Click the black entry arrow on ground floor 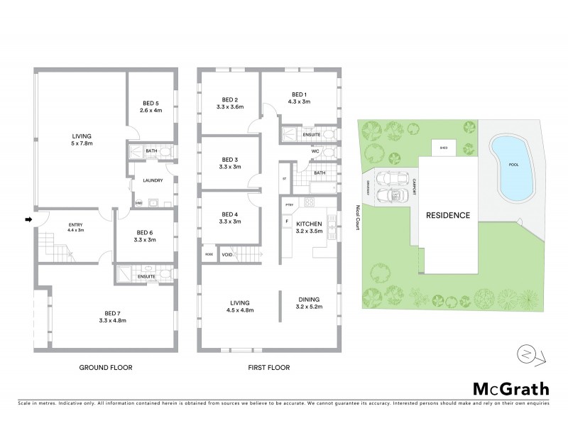tap(28, 219)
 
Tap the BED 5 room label tap(151, 106)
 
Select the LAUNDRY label tap(153, 180)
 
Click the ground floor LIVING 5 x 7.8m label tap(82, 139)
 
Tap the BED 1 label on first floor tap(299, 98)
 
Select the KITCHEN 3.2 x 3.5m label tap(309, 227)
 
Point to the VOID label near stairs tap(227, 253)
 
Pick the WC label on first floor tap(315, 151)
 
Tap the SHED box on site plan tap(444, 148)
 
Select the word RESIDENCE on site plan tap(447, 214)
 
